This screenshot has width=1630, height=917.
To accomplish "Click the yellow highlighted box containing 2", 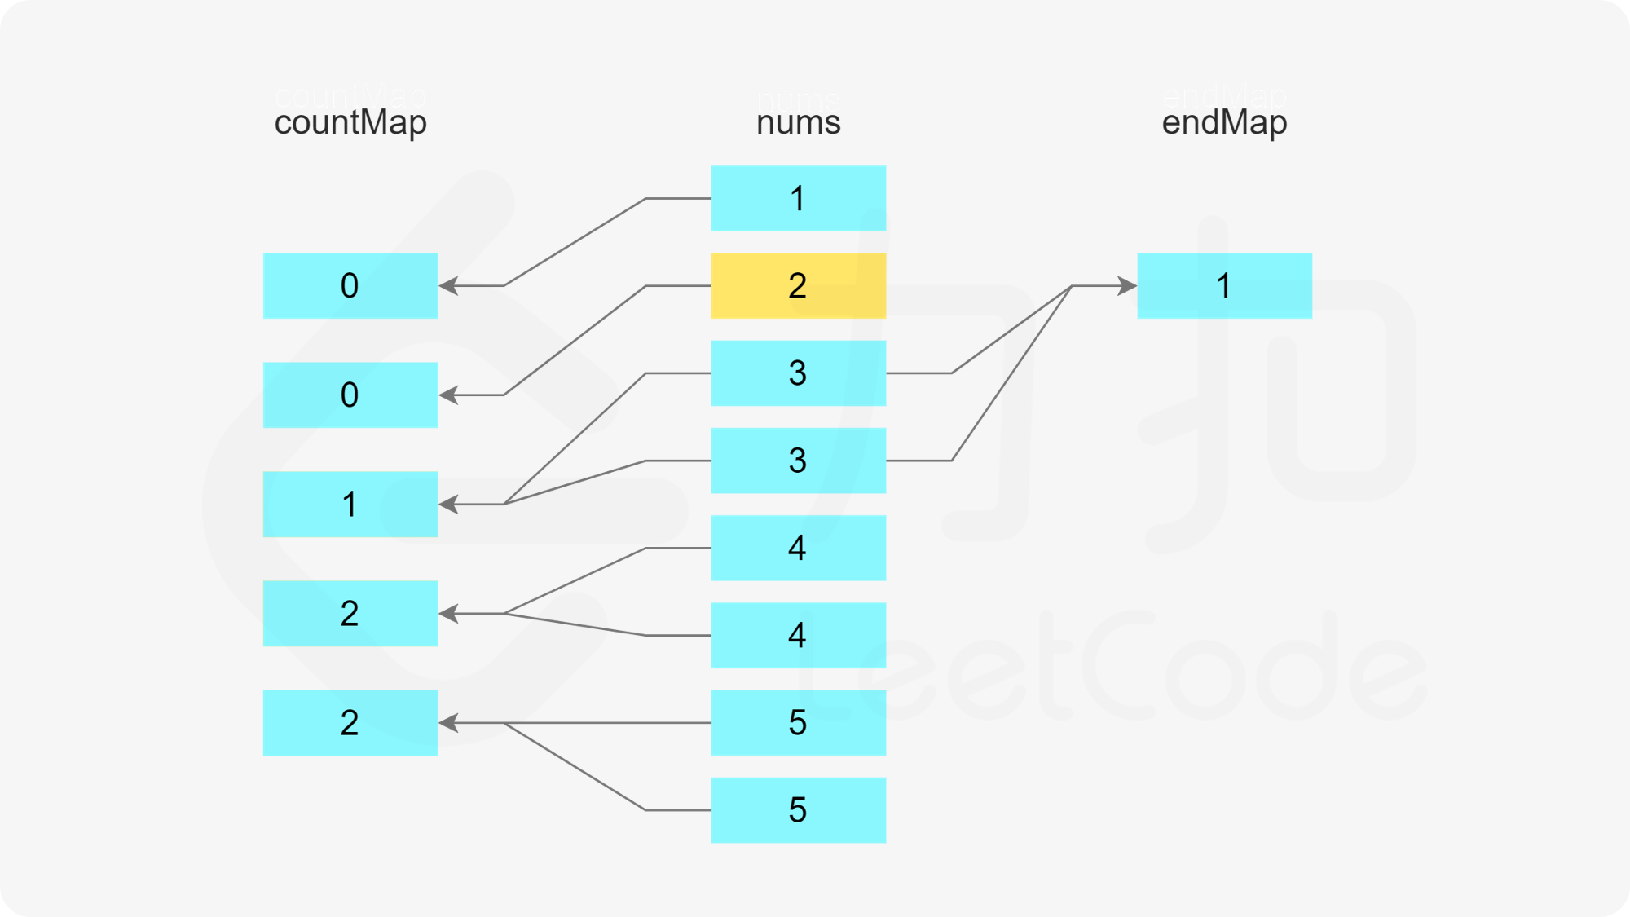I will tap(798, 286).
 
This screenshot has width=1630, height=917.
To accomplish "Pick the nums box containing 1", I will tap(798, 199).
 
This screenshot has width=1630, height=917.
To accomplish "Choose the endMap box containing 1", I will tap(1224, 286).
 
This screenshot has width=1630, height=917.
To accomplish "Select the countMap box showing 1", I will tap(350, 505).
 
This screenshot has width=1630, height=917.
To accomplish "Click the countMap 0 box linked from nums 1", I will tap(350, 286).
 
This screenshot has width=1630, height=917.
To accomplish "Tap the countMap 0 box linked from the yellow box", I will tap(350, 395).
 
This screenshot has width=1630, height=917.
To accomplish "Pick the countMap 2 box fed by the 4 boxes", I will tap(350, 614).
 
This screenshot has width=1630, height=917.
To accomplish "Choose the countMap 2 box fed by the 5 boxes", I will tap(350, 723).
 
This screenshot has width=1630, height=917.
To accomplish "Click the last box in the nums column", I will tap(798, 810).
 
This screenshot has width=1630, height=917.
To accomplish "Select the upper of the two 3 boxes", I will tap(798, 373).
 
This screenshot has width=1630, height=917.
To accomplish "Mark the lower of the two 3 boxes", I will tap(798, 461).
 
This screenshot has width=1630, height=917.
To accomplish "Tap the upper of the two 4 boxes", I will tap(798, 548).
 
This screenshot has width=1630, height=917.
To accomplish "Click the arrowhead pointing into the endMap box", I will tap(1127, 286).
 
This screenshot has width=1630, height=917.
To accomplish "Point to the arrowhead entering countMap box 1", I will tap(449, 505).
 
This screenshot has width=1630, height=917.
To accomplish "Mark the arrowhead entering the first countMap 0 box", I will tap(449, 286).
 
